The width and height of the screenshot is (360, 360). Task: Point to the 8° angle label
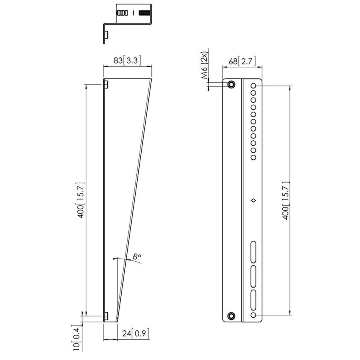click(x=137, y=256)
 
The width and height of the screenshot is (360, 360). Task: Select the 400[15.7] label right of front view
click(x=286, y=200)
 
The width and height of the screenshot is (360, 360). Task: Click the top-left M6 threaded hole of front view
click(x=231, y=85)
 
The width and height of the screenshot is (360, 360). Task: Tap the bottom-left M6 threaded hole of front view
click(x=231, y=316)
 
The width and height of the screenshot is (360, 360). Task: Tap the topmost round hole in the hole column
click(x=253, y=86)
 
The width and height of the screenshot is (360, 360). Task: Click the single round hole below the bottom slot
click(x=253, y=316)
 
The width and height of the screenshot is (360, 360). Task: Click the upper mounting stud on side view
click(x=106, y=84)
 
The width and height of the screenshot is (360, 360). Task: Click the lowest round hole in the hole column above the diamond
click(x=253, y=158)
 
